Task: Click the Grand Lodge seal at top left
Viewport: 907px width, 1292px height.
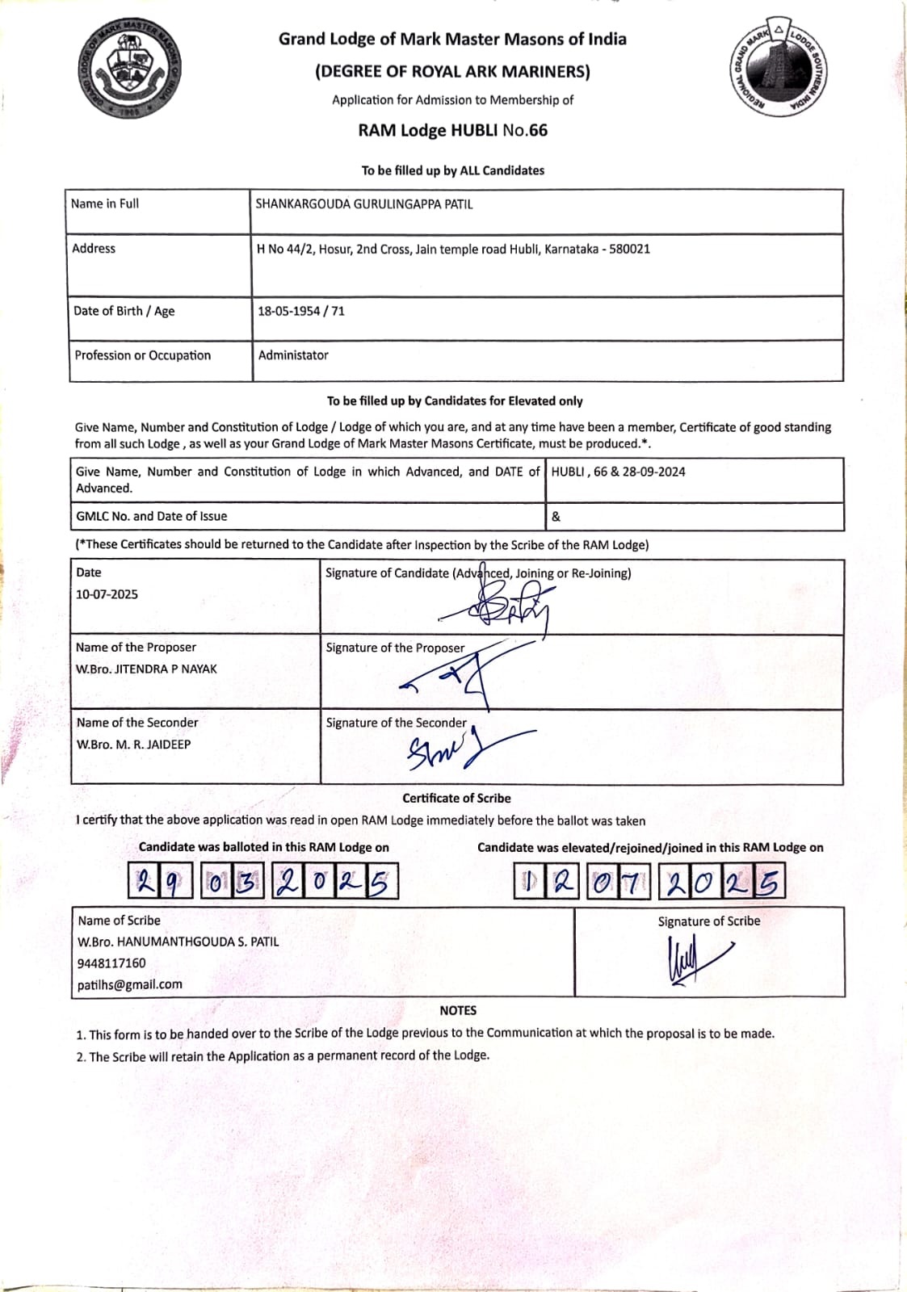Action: tap(132, 71)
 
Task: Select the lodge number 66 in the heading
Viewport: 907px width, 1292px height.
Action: tap(538, 131)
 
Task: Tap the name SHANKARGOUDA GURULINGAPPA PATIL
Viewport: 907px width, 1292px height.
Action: tap(364, 204)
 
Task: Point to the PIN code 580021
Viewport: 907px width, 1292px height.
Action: tap(629, 249)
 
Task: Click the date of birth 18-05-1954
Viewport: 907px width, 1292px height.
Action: tap(288, 311)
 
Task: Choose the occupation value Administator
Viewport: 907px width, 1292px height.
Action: tap(293, 355)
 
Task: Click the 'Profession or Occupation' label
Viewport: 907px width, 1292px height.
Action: tap(143, 355)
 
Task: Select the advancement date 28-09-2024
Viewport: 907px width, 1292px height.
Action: tap(653, 472)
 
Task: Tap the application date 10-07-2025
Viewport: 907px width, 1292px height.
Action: tap(107, 594)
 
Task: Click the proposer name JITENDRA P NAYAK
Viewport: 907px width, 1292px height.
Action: tap(166, 669)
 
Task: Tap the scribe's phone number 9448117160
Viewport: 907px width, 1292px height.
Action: tap(111, 963)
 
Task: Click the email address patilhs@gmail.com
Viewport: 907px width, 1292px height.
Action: tap(130, 984)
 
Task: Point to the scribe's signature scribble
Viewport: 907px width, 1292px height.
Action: tap(693, 961)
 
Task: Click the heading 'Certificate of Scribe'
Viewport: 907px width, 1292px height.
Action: tap(456, 798)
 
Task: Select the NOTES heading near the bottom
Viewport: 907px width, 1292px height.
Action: tap(458, 1010)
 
